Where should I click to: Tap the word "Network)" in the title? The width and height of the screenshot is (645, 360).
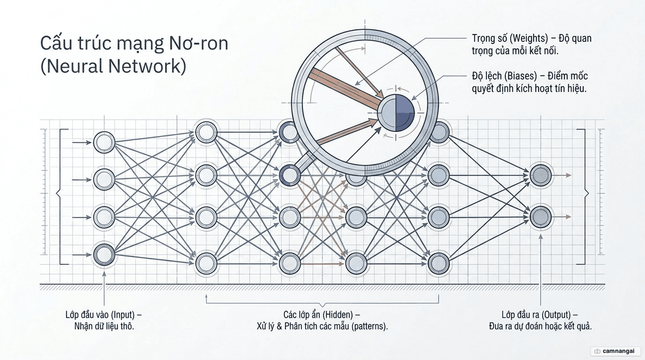pyautogui.click(x=147, y=66)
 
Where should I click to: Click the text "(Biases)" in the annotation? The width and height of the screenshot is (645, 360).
pyautogui.click(x=521, y=76)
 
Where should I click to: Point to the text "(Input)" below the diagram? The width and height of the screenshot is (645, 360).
pyautogui.click(x=123, y=315)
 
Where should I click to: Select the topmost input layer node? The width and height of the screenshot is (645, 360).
pyautogui.click(x=104, y=142)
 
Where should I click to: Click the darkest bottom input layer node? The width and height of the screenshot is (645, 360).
pyautogui.click(x=104, y=255)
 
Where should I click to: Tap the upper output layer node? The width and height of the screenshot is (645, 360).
pyautogui.click(x=541, y=175)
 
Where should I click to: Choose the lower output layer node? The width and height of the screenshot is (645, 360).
pyautogui.click(x=541, y=217)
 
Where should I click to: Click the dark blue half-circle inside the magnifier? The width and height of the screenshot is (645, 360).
pyautogui.click(x=405, y=112)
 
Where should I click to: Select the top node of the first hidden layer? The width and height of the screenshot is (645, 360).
pyautogui.click(x=206, y=132)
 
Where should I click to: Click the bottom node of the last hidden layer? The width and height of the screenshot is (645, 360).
pyautogui.click(x=439, y=263)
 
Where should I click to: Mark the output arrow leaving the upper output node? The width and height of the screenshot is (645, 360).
pyautogui.click(x=562, y=175)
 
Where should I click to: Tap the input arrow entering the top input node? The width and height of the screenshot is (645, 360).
pyautogui.click(x=82, y=142)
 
